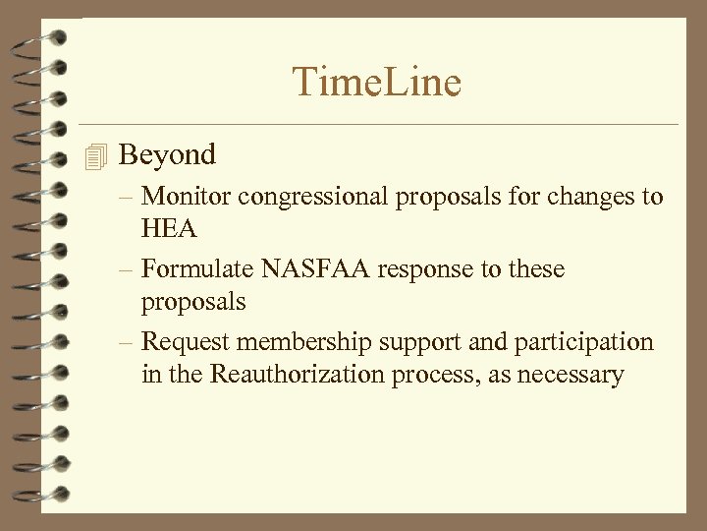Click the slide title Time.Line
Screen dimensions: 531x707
pos(377,82)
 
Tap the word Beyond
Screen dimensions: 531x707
pos(166,154)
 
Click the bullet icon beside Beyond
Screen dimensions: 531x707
pos(94,155)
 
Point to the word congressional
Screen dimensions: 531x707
pos(313,197)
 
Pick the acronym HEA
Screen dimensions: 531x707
pos(169,229)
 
